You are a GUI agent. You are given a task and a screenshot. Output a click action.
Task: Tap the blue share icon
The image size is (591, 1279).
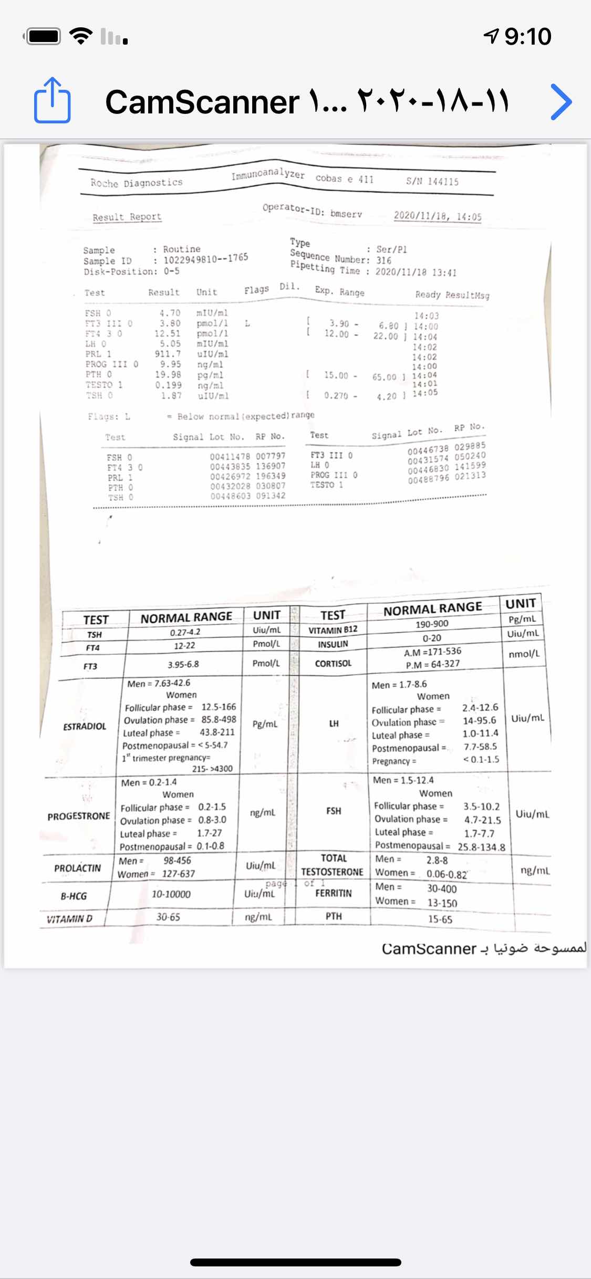click(52, 100)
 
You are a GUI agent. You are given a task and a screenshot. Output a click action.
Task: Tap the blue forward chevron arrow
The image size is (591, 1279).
click(562, 101)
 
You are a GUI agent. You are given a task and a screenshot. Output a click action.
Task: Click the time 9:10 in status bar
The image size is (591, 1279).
click(527, 37)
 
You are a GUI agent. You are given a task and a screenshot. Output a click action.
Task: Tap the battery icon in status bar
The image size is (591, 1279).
click(44, 37)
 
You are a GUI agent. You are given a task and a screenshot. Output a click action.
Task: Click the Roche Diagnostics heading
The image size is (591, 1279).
click(136, 183)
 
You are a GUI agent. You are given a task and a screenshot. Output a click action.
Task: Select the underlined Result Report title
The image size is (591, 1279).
click(127, 217)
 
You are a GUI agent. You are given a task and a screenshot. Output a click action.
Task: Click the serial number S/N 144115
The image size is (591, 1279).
click(432, 182)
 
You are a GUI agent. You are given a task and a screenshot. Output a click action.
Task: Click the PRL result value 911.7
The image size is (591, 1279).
click(168, 354)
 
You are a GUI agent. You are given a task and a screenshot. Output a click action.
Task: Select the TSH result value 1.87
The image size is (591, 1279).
click(171, 395)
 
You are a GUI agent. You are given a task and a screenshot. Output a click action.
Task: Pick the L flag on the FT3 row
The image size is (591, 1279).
click(247, 323)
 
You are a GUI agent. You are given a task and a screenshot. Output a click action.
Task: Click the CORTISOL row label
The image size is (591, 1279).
click(333, 664)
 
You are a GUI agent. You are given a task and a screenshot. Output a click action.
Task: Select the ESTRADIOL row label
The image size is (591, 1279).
click(85, 727)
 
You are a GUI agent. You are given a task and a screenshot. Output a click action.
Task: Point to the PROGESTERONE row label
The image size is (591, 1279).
click(79, 816)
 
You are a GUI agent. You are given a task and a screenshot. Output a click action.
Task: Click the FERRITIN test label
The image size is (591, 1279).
click(333, 893)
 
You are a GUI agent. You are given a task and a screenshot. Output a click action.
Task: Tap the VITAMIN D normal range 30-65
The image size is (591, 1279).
click(168, 917)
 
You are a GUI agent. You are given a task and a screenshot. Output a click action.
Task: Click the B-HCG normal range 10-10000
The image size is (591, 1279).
click(171, 894)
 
